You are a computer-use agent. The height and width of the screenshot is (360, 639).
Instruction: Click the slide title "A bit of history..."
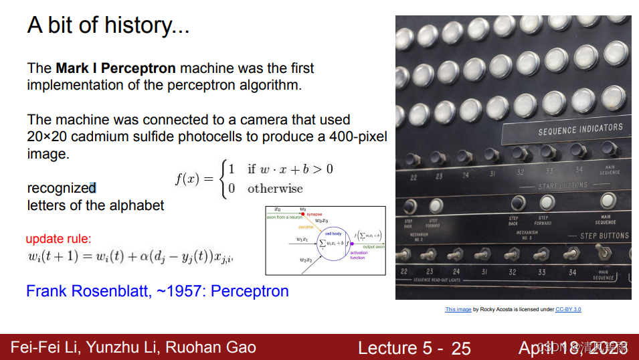point(108,26)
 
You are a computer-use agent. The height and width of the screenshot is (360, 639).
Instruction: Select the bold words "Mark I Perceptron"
point(116,68)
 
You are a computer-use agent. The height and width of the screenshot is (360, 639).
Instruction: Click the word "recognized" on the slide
point(61,188)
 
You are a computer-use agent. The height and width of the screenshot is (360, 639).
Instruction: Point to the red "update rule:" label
point(58,238)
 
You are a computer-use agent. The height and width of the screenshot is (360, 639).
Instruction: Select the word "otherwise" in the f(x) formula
point(275,188)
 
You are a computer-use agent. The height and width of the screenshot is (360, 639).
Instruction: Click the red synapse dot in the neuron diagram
point(302,213)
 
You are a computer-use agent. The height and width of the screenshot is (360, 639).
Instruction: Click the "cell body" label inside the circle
point(333,234)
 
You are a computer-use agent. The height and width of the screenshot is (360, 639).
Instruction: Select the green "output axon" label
point(373,247)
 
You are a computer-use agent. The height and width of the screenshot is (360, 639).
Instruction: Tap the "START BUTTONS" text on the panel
point(563,185)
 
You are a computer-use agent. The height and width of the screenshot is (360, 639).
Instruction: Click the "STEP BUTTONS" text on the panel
point(604,236)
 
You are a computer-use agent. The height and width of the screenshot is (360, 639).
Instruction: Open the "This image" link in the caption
point(458,309)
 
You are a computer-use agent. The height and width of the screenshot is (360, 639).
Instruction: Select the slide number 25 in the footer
point(461,348)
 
